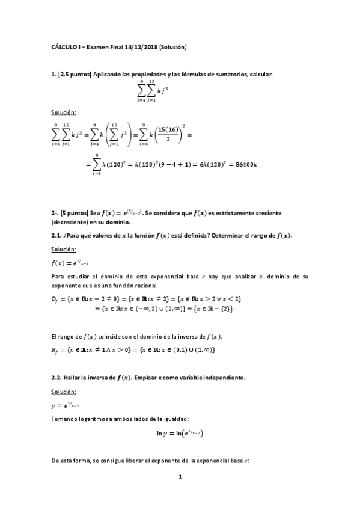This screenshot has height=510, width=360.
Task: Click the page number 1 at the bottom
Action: [180, 477]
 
